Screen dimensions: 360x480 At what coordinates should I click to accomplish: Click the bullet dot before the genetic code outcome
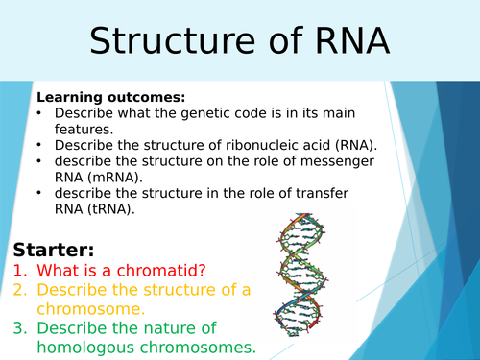[40, 113]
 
